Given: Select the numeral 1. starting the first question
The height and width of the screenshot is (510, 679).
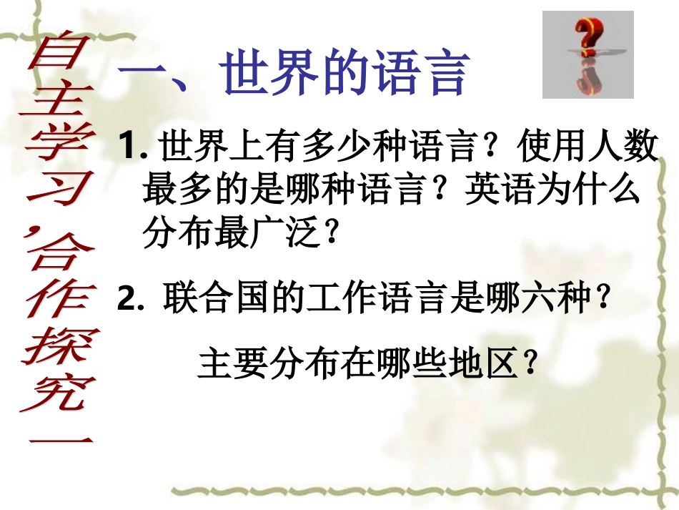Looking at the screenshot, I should point(134,148).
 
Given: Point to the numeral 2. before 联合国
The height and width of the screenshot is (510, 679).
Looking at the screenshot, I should point(132,300).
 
